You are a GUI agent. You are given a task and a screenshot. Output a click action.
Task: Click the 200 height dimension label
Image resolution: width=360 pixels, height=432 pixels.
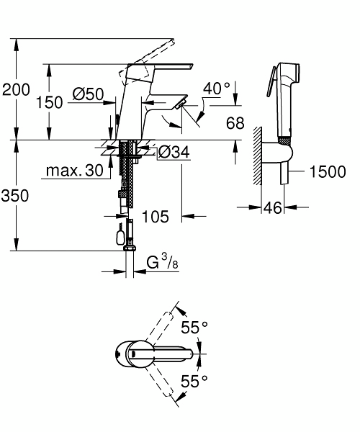click(16, 90)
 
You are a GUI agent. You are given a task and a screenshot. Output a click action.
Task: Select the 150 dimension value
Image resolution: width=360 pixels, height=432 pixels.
click(50, 102)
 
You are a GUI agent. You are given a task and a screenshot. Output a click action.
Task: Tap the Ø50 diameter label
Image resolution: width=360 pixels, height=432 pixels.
click(88, 94)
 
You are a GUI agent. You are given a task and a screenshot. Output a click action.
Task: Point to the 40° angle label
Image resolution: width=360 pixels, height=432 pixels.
click(217, 89)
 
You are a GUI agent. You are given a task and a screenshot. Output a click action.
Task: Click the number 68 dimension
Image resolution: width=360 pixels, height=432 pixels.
click(235, 123)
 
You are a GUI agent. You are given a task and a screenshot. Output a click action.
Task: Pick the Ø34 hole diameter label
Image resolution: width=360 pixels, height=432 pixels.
click(174, 152)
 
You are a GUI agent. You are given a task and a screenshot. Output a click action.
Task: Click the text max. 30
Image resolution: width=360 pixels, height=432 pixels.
click(75, 171)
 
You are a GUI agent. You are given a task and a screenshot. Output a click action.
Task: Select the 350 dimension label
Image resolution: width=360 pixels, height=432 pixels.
click(15, 196)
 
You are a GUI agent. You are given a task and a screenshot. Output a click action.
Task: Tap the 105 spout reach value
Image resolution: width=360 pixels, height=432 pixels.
click(156, 217)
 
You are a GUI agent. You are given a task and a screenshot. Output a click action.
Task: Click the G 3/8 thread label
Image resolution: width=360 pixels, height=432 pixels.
click(163, 262)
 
